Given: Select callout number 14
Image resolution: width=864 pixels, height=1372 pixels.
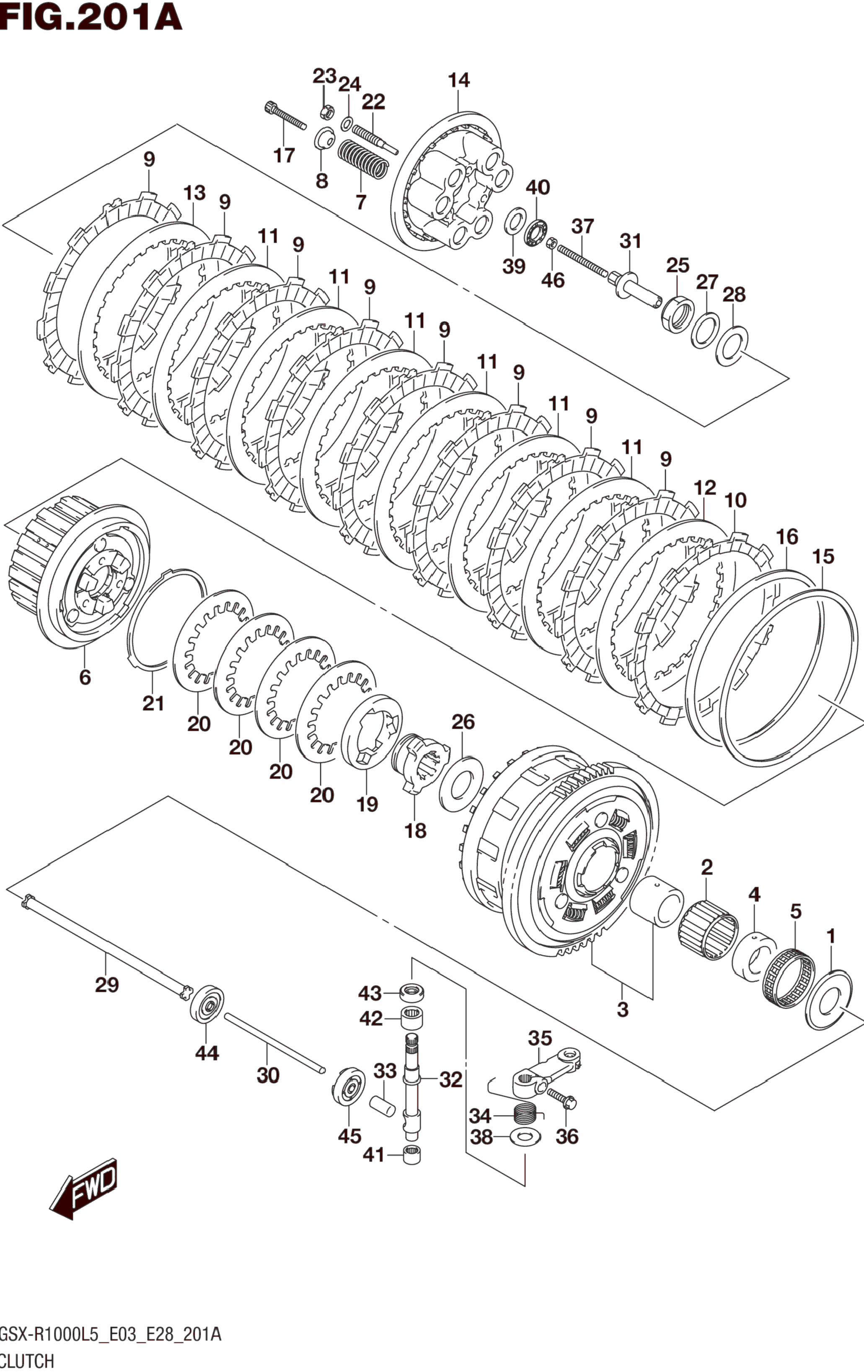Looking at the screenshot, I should pyautogui.click(x=458, y=80).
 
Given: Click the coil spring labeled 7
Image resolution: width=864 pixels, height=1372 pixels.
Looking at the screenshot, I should pyautogui.click(x=363, y=158).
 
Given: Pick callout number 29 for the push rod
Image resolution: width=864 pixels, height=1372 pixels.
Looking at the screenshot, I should pyautogui.click(x=106, y=984).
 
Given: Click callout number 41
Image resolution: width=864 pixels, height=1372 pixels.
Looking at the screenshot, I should pyautogui.click(x=374, y=1155).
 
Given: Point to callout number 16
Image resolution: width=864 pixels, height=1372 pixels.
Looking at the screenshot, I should pyautogui.click(x=787, y=537).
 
